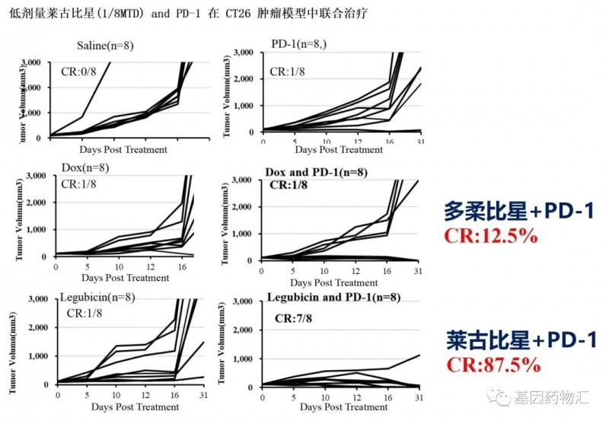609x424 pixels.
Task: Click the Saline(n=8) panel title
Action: click(x=105, y=46)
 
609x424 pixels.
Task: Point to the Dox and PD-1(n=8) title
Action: click(x=316, y=172)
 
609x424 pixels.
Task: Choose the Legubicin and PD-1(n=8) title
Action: click(x=333, y=296)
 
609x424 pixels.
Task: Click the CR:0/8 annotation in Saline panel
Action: click(x=79, y=71)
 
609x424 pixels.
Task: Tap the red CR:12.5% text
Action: click(x=496, y=237)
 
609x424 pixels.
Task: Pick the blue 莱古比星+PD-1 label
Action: click(x=521, y=340)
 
